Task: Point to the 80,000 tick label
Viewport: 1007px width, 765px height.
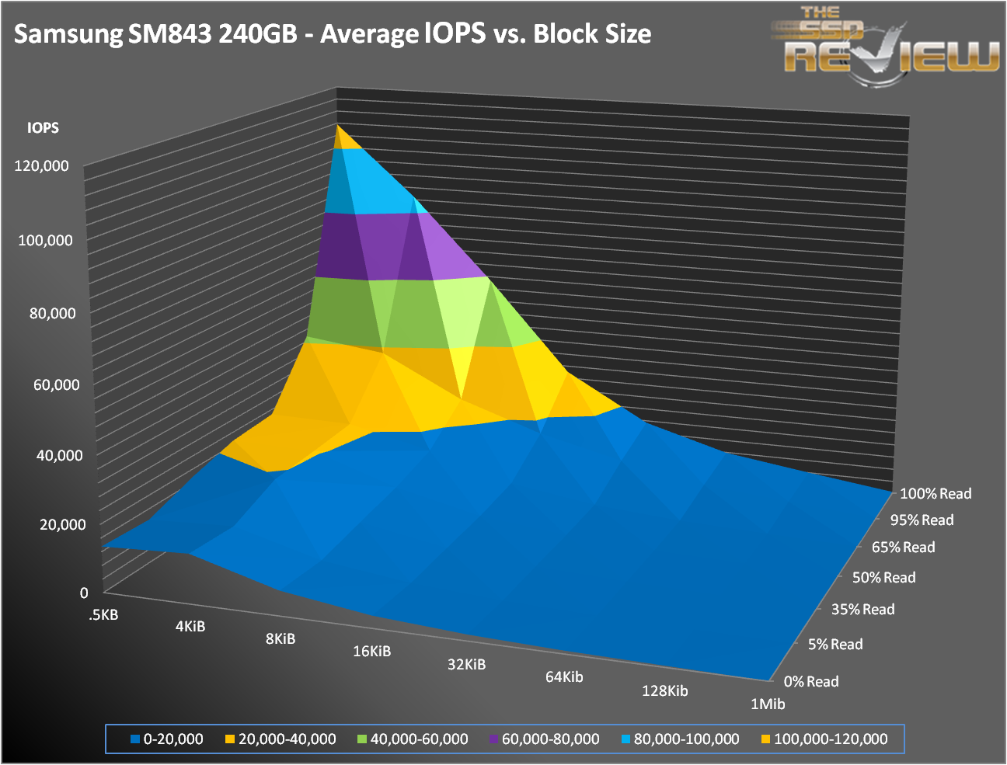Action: pyautogui.click(x=47, y=313)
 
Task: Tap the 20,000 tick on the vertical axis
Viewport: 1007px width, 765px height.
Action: pyautogui.click(x=63, y=524)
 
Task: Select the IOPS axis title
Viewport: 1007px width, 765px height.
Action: pyautogui.click(x=43, y=127)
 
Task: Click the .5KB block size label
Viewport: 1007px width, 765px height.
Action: pyautogui.click(x=103, y=615)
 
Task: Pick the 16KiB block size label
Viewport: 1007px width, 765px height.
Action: pyautogui.click(x=371, y=651)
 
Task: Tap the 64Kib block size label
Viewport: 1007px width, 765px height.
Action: pyautogui.click(x=564, y=676)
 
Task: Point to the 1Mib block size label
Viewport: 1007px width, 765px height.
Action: pyautogui.click(x=768, y=704)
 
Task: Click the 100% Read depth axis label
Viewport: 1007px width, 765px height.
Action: pyautogui.click(x=936, y=493)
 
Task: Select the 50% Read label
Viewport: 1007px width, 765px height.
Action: pyautogui.click(x=883, y=577)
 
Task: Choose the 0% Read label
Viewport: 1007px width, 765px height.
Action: pyautogui.click(x=811, y=681)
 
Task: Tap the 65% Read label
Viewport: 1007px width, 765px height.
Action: pyautogui.click(x=903, y=547)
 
